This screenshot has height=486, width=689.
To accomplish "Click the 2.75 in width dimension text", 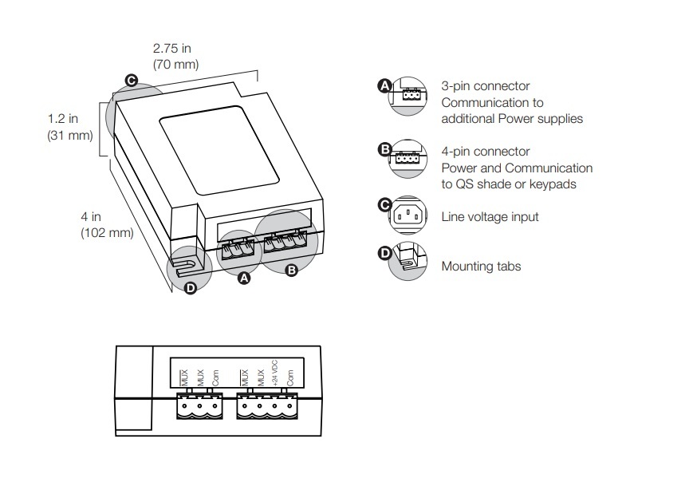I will pos(175,48).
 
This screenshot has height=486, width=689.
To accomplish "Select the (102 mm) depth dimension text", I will pos(107,233).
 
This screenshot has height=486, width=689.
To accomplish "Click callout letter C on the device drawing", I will pos(132,80).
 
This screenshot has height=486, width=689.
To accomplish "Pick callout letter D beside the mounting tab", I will pos(190,288).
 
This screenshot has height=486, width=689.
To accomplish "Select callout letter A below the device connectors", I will pos(245,279).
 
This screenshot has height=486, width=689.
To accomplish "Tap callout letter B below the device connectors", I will pos(291,271).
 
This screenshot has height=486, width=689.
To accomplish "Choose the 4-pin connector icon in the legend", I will pos(407,158).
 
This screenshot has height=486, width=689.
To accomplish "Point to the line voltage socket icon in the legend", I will pos(410,213).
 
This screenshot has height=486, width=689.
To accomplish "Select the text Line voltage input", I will pos(490,217).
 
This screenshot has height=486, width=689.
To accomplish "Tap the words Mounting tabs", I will pos(481,267).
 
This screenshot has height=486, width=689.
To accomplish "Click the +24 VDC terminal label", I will pos(274,376).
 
